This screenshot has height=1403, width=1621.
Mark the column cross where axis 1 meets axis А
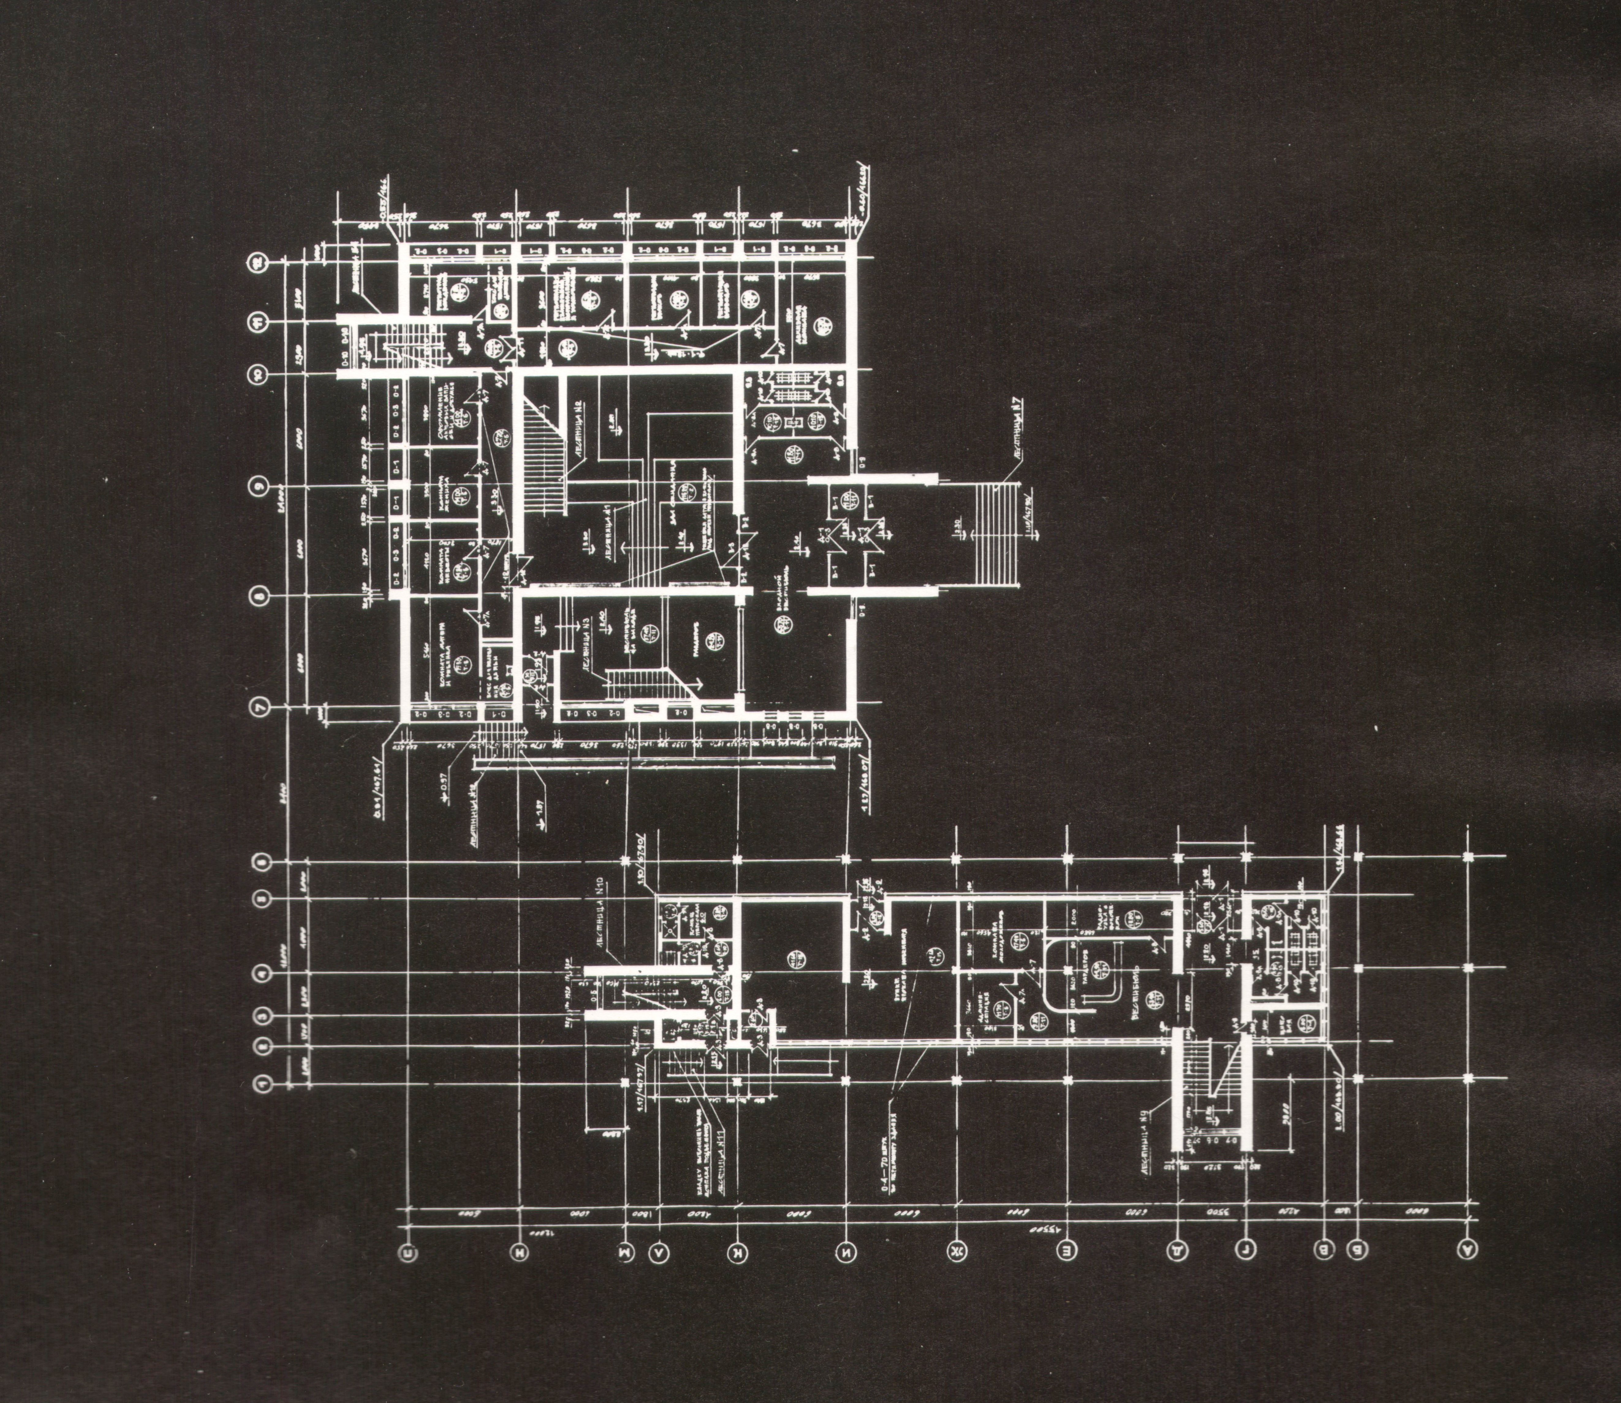pyautogui.click(x=1467, y=1079)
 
